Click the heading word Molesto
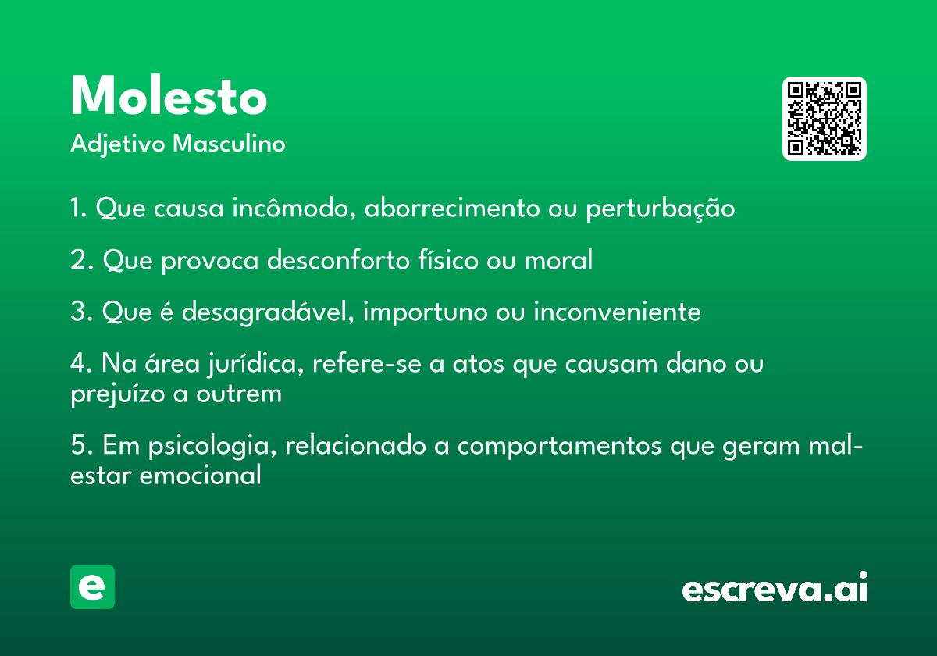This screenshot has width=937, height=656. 169,96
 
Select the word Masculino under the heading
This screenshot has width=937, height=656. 229,143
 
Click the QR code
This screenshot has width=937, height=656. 824,119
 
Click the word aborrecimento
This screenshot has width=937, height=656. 452,208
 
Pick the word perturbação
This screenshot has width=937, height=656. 660,209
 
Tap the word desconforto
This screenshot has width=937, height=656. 338,260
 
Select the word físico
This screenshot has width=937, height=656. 447,260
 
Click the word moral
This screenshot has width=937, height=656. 558,260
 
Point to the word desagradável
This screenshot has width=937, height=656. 268,312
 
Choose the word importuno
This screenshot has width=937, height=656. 425,312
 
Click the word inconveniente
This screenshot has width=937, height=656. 617,312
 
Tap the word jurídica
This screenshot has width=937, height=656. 255,364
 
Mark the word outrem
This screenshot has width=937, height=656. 239,394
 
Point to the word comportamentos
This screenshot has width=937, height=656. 559,447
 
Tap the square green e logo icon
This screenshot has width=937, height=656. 92,586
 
